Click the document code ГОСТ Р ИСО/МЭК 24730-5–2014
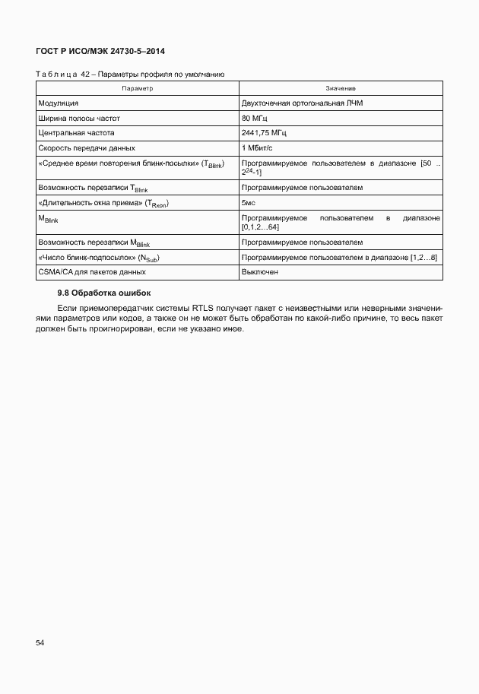point(100,51)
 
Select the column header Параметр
point(137,89)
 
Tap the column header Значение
point(341,89)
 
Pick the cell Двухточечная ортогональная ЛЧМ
point(302,103)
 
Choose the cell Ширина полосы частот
point(79,119)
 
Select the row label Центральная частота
point(75,133)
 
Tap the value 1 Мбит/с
point(257,147)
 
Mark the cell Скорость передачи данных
point(87,147)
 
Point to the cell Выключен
point(259,271)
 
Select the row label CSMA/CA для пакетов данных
point(91,271)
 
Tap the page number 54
point(40,643)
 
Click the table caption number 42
point(85,74)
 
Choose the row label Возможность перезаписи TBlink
point(87,187)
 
